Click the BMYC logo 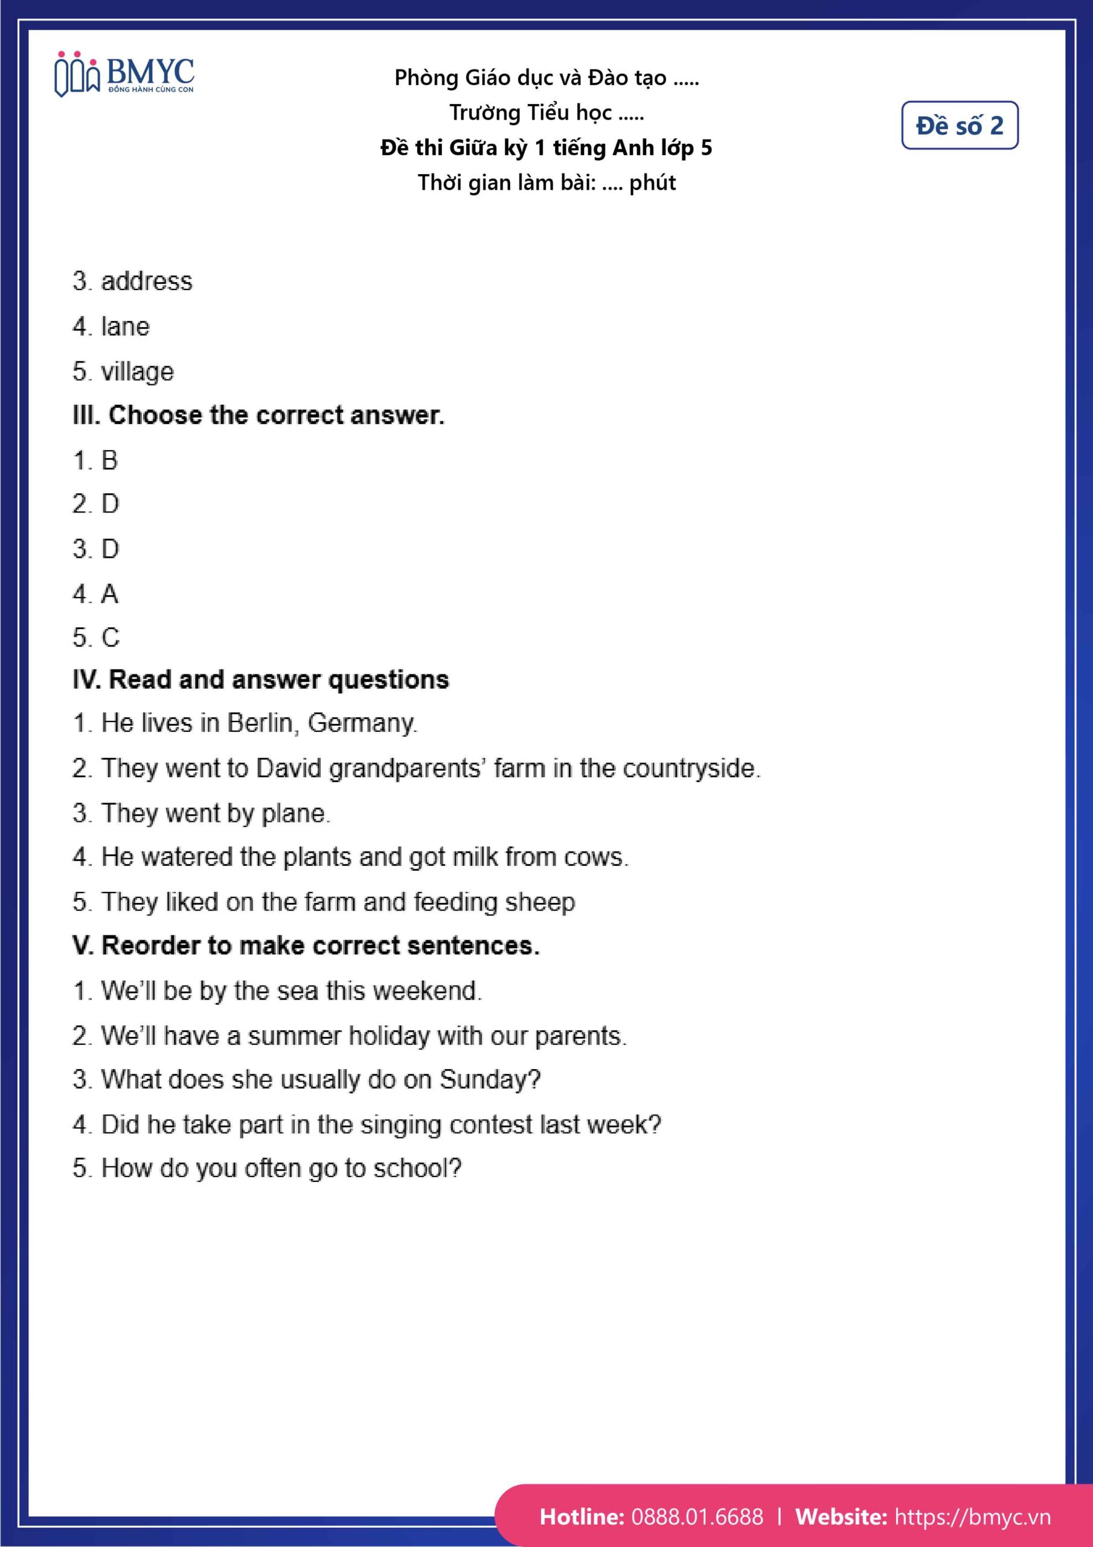click(x=124, y=75)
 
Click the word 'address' click(x=146, y=282)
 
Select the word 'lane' click(x=125, y=327)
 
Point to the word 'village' click(x=138, y=372)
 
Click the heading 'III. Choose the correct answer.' click(x=258, y=416)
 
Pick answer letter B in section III click(x=109, y=461)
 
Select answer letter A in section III click(x=109, y=594)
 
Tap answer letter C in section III click(x=110, y=638)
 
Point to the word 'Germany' click(x=362, y=723)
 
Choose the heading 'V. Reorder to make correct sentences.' click(x=306, y=946)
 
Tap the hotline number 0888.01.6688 click(x=697, y=1517)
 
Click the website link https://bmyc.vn click(x=972, y=1517)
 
